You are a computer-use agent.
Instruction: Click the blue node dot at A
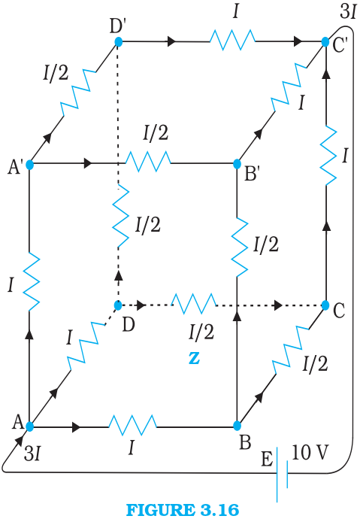tap(30, 426)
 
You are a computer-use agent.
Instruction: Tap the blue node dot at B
tap(237, 426)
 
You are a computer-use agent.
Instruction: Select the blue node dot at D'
tap(118, 41)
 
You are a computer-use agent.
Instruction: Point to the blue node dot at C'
tap(325, 42)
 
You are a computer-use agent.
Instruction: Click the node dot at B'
tap(237, 164)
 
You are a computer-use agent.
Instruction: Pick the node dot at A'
tap(30, 165)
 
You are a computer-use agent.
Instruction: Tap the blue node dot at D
tap(118, 305)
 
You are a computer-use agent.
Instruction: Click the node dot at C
tap(325, 305)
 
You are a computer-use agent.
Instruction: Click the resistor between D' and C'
tap(232, 41)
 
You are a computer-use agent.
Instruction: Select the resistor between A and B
tap(132, 425)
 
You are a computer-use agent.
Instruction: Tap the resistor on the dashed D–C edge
tap(194, 304)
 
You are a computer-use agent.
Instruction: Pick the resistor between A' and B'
tap(148, 162)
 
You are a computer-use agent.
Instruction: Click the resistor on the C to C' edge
tap(328, 156)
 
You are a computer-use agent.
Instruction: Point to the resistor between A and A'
tap(31, 281)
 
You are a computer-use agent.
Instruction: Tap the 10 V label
tap(310, 452)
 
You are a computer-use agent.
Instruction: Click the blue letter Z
tap(195, 359)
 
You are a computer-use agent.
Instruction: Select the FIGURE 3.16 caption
tap(183, 510)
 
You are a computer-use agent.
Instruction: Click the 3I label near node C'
tap(348, 12)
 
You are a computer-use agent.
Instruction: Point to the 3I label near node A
tap(32, 454)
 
